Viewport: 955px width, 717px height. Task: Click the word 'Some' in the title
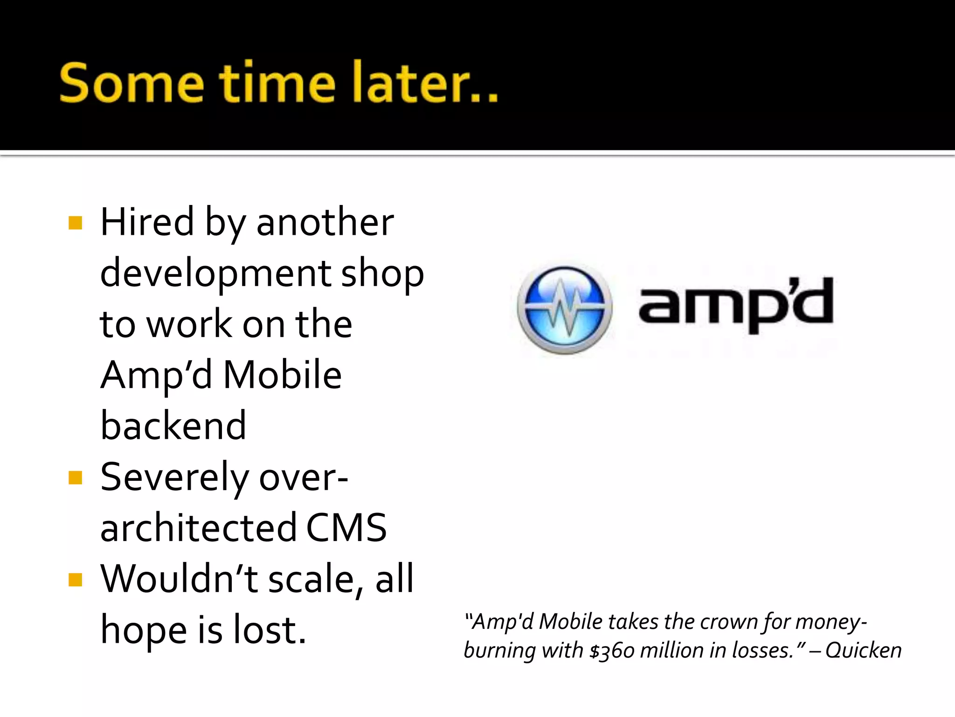(132, 83)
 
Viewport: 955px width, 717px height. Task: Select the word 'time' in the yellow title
(278, 83)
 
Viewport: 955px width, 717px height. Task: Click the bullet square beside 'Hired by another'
(75, 223)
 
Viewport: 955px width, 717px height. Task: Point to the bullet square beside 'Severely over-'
(75, 478)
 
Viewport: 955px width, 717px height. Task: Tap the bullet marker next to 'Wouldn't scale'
(75, 580)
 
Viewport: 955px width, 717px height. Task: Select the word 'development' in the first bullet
(216, 274)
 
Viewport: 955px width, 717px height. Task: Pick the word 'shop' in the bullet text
(382, 274)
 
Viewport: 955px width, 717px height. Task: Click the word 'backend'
(173, 426)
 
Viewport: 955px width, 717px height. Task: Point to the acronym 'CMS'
(346, 528)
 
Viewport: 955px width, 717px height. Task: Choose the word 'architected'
(199, 528)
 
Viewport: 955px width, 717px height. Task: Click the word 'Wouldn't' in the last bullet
(180, 579)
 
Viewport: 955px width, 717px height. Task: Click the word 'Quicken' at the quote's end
(863, 651)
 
